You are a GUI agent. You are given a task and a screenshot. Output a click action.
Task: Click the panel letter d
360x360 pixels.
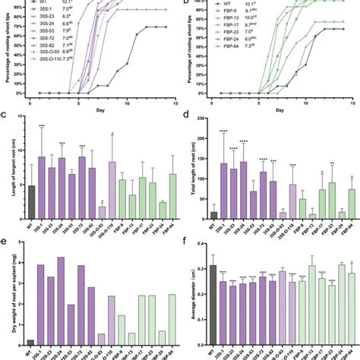[x=186, y=115]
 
